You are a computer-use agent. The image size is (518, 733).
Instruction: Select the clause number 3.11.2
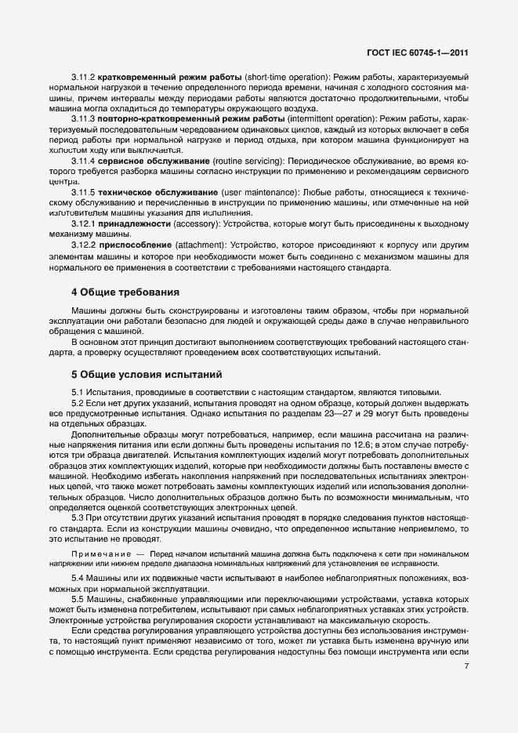click(x=83, y=79)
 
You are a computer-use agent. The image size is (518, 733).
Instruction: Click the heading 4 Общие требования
click(x=125, y=292)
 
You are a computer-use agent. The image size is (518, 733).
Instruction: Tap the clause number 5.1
click(x=78, y=392)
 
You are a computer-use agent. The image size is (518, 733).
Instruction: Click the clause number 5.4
click(x=78, y=578)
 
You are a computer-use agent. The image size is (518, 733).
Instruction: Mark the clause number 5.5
click(x=78, y=600)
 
